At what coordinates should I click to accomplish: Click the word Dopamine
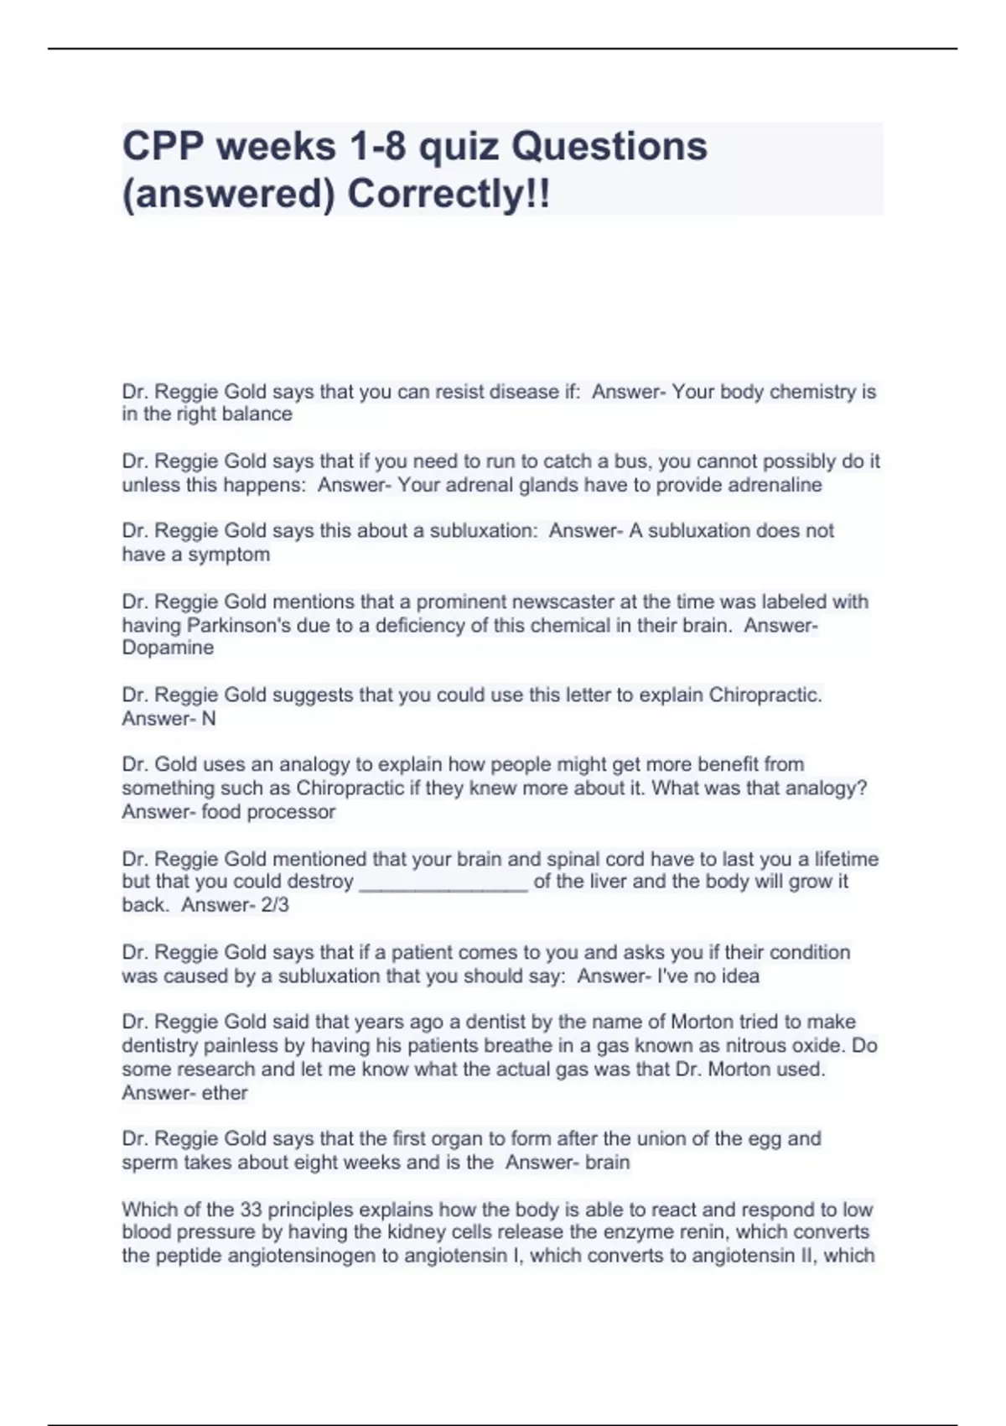(x=168, y=648)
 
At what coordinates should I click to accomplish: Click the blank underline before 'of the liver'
(x=443, y=882)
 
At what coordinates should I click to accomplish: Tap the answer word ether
(x=225, y=1093)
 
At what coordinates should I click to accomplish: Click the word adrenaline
(x=775, y=485)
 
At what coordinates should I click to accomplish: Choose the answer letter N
(x=209, y=718)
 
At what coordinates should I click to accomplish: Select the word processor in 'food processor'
(x=293, y=812)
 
